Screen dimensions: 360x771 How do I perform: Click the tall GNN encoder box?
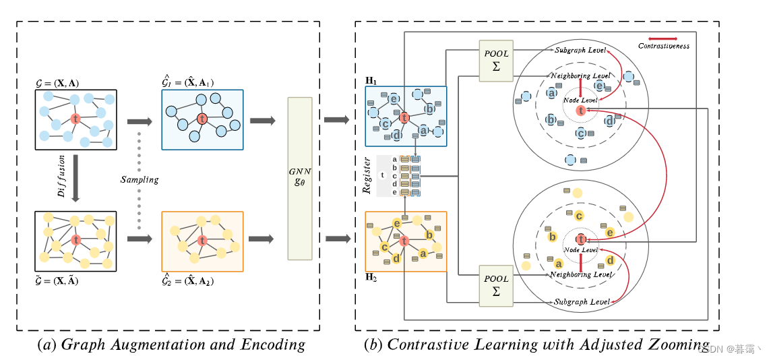[x=300, y=179]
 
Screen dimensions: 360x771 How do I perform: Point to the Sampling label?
[x=140, y=179]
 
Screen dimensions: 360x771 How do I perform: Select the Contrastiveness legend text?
[x=663, y=46]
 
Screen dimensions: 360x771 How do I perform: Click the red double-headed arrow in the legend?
[x=663, y=38]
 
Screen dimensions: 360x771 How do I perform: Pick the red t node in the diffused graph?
[x=75, y=240]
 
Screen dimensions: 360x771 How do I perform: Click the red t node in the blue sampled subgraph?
[x=202, y=119]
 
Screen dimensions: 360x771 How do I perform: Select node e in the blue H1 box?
[x=393, y=99]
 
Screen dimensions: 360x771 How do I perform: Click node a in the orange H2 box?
[x=423, y=253]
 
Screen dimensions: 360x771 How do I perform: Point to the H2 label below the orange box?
[x=371, y=277]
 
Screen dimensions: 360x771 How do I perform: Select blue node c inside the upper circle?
[x=580, y=133]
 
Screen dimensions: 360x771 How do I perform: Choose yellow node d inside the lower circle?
[x=610, y=260]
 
